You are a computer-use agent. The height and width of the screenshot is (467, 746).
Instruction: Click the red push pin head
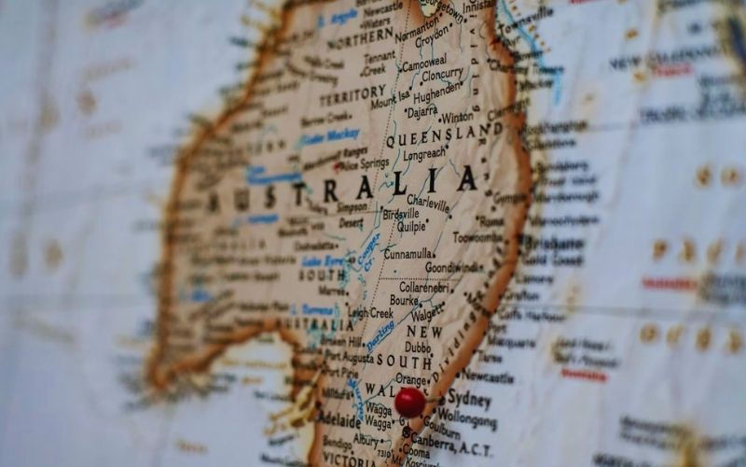(x=409, y=403)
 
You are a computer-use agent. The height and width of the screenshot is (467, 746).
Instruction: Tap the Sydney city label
(x=469, y=399)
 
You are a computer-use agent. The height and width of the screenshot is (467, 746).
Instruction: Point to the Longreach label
(x=424, y=154)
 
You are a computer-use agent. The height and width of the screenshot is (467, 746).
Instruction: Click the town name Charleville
(x=428, y=200)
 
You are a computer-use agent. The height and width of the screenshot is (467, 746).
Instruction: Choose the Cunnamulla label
(x=408, y=253)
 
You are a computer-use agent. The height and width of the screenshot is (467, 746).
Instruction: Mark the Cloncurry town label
(x=441, y=74)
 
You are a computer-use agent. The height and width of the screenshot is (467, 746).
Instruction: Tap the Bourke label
(x=403, y=302)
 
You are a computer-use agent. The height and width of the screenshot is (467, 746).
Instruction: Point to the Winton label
(x=457, y=118)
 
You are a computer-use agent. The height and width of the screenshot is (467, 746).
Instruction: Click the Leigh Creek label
(x=371, y=313)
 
